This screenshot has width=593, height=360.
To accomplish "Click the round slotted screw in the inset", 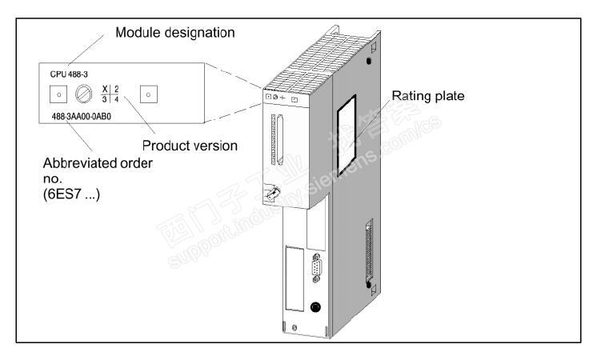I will (82, 94).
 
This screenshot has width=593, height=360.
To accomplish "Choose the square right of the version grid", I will (146, 94).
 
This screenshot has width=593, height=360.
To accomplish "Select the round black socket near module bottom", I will (318, 306).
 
